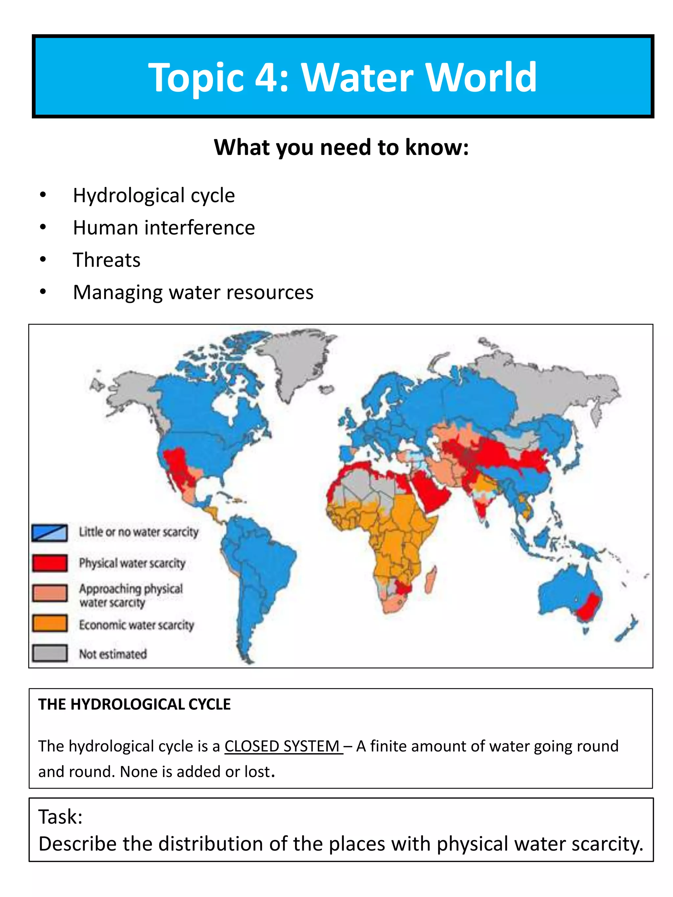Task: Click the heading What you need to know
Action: pos(341,147)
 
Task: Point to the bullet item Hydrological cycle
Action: pos(154,195)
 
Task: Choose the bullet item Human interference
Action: pos(164,228)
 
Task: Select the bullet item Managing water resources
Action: pos(193,292)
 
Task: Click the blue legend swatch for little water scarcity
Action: pos(50,532)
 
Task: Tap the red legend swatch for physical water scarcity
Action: pos(50,563)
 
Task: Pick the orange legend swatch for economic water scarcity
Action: pos(50,623)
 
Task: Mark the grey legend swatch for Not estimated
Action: pos(50,653)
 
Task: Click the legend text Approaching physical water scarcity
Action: pos(131,595)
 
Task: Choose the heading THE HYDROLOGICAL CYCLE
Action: pos(134,705)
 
